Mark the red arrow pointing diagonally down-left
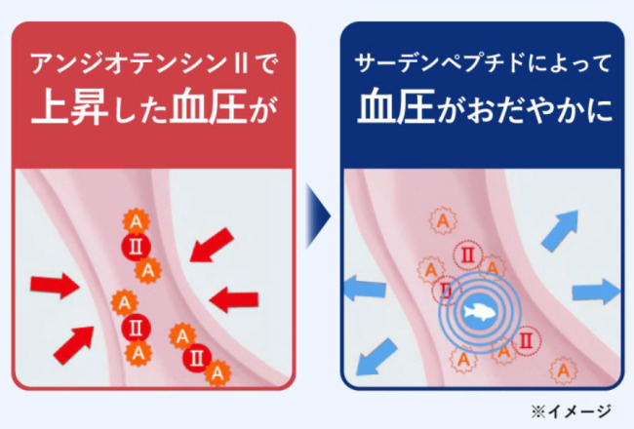(210, 245)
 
